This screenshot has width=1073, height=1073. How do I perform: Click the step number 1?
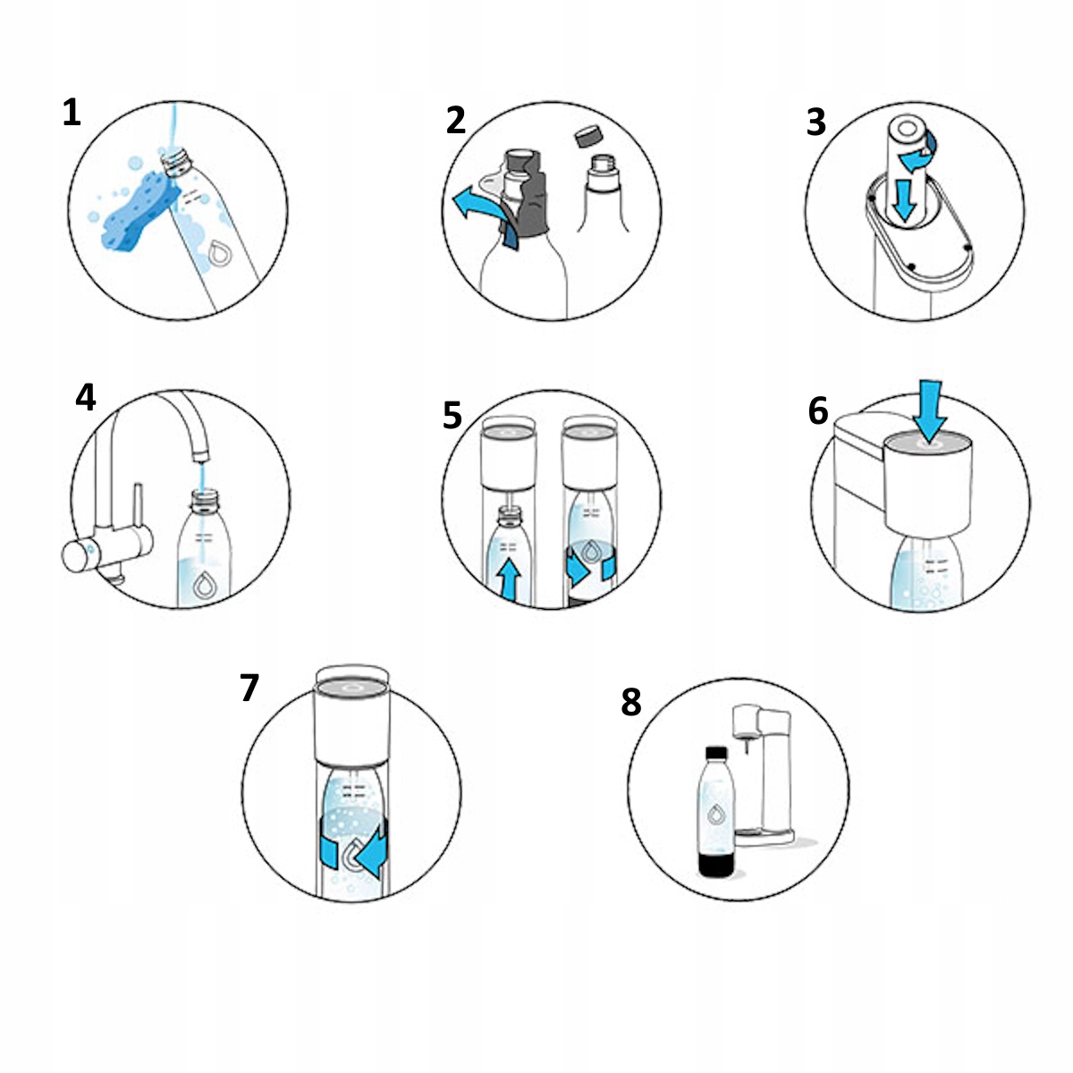tap(72, 113)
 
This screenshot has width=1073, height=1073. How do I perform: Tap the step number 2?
tap(455, 121)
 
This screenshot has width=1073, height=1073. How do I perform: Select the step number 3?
tap(815, 123)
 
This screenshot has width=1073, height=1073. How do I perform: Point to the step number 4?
tap(85, 398)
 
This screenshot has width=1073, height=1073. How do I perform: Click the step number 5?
tap(452, 416)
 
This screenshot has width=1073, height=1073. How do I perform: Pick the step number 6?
tap(818, 411)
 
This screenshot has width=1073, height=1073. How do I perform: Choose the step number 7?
tap(249, 688)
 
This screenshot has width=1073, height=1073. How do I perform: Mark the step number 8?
tap(631, 702)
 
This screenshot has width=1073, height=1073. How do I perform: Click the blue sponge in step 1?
tap(140, 209)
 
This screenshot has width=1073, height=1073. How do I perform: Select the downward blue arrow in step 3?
tap(903, 199)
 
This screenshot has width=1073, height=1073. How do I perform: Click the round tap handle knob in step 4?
tap(76, 556)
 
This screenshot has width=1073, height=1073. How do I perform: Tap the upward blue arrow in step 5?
tap(509, 581)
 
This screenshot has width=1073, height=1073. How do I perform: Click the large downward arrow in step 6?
tap(929, 412)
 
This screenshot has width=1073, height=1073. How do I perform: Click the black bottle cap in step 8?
tap(716, 753)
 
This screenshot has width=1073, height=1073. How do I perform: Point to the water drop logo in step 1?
tap(219, 253)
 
